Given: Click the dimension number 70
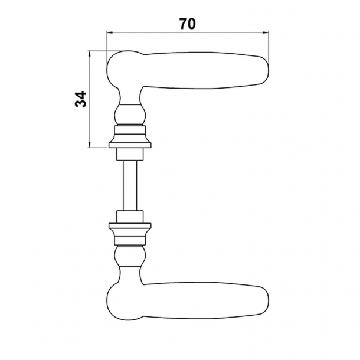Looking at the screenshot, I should click(x=187, y=24).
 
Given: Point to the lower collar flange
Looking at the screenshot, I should click(x=130, y=227).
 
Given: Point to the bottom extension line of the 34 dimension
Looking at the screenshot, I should click(x=97, y=148).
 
